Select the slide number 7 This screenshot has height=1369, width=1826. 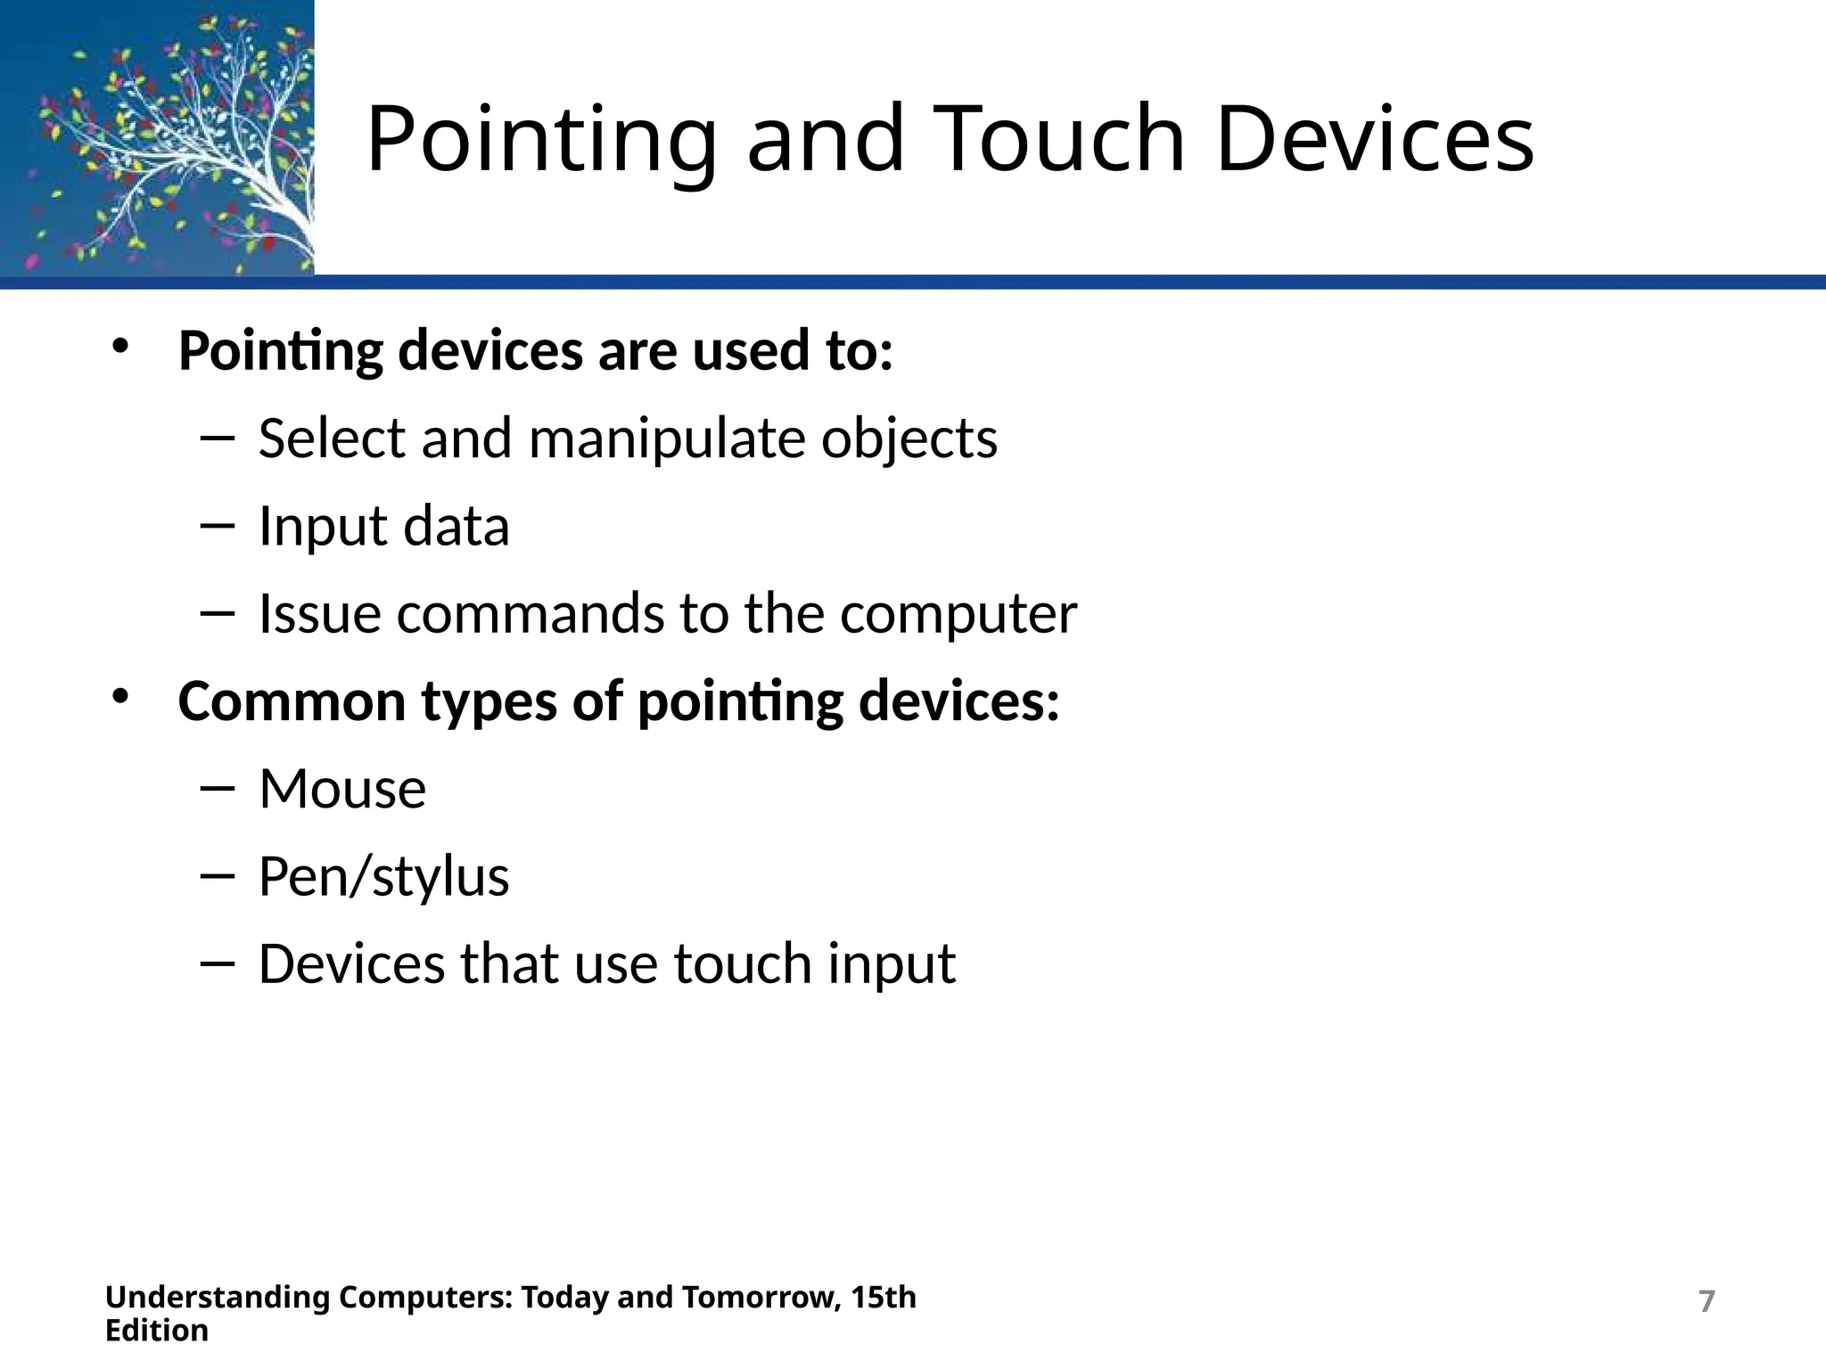(1707, 1301)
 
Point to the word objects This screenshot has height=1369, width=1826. (909, 439)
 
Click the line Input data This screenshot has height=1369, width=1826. (383, 526)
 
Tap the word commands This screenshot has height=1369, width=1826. (530, 613)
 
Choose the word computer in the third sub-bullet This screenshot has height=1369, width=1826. (958, 615)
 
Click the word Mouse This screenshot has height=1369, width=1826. (342, 789)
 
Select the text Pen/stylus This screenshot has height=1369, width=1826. (383, 877)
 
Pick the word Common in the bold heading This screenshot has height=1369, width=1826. (292, 701)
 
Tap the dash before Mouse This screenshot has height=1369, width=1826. (217, 788)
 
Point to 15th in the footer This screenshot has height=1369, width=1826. (883, 1297)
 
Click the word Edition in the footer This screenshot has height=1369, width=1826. (157, 1331)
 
